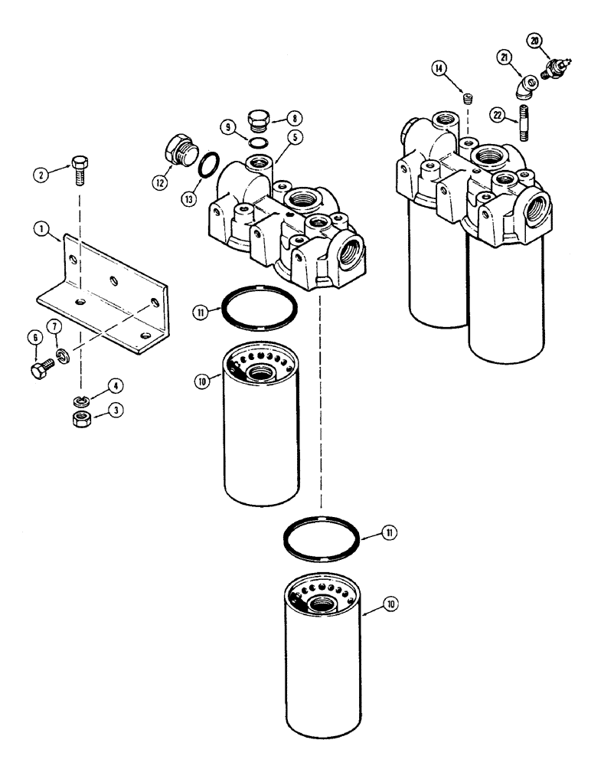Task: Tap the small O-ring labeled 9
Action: click(260, 139)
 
